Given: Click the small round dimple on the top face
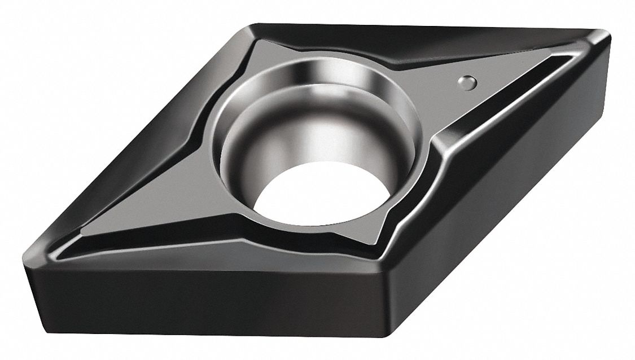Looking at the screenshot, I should [x=467, y=82].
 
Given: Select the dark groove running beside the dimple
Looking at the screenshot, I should [x=497, y=107].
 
